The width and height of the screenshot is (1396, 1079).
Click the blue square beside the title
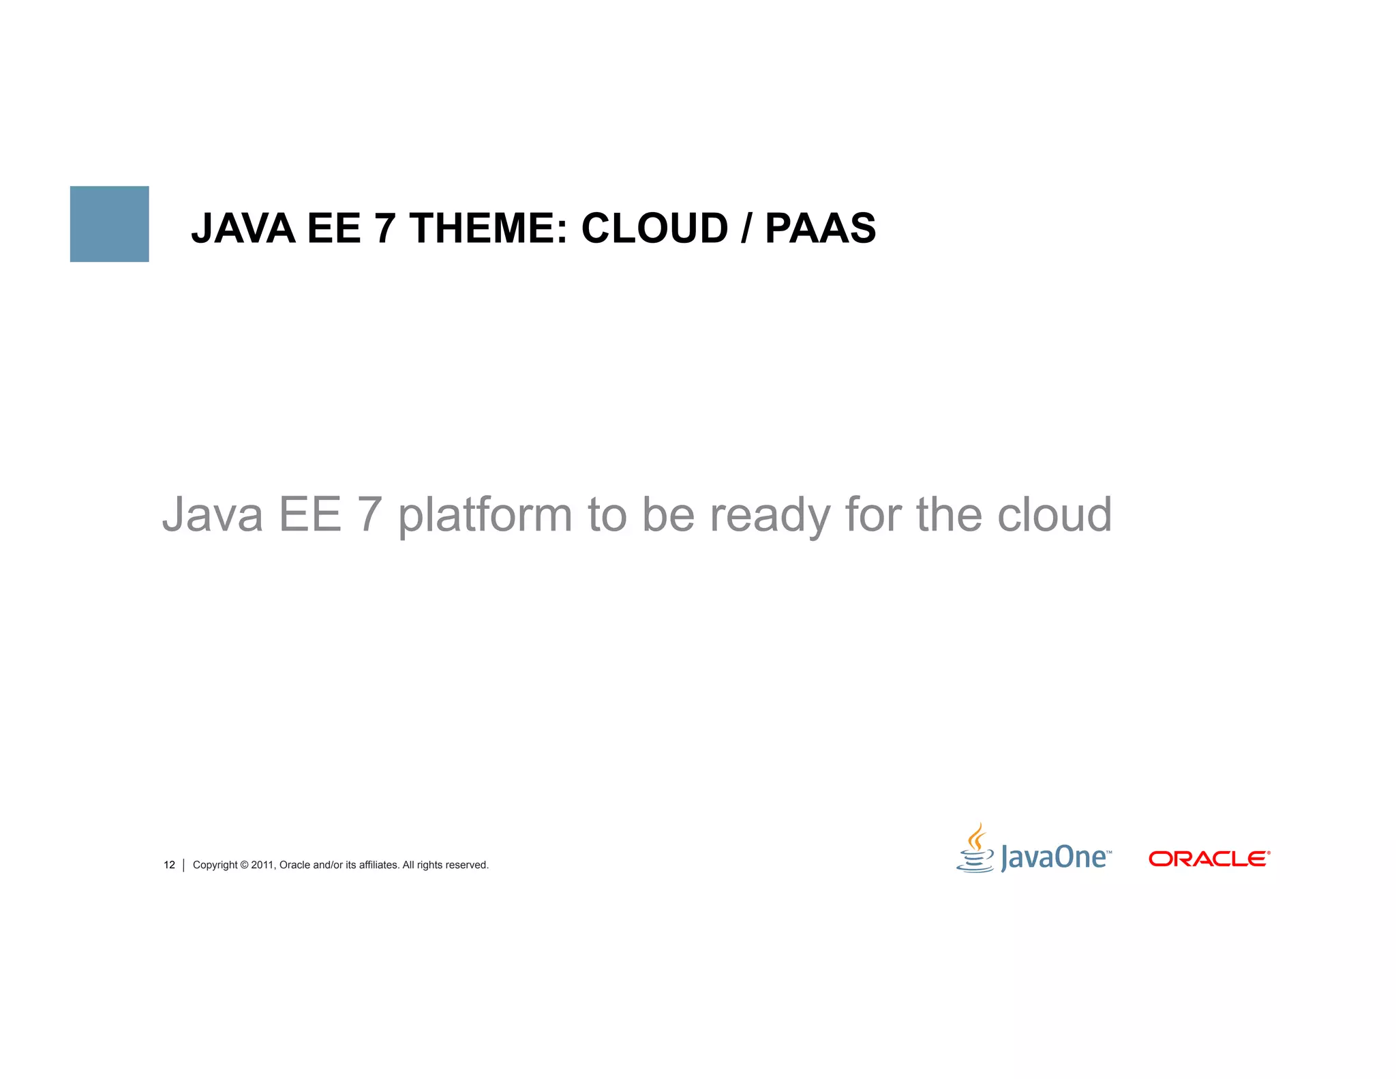[109, 224]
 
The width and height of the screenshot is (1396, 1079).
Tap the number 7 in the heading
[385, 228]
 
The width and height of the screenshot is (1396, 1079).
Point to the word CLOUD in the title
[654, 228]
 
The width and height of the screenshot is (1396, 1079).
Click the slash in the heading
[746, 228]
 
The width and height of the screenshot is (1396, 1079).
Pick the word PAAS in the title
[820, 228]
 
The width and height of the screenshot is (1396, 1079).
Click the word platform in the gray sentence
[485, 515]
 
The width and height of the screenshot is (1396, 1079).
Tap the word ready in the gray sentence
[770, 515]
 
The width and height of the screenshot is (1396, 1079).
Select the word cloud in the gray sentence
[1054, 515]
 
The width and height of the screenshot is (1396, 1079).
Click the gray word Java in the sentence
[212, 515]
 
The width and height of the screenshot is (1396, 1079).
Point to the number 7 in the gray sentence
[369, 515]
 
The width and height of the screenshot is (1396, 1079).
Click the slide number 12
[169, 865]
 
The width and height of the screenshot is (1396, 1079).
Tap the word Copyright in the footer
[215, 865]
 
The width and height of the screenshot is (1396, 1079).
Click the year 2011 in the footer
[262, 865]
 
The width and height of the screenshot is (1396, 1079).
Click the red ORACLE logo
[1209, 859]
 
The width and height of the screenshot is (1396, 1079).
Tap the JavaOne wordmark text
[1053, 857]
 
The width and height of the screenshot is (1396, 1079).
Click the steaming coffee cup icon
[975, 849]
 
